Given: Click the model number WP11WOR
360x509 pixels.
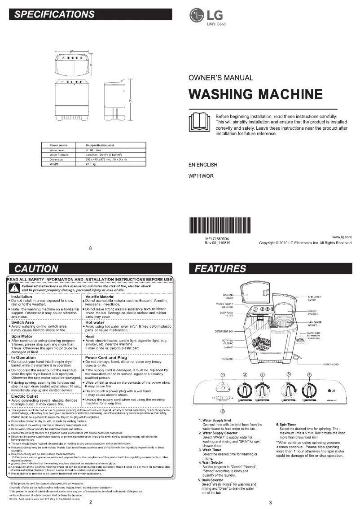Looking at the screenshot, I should [x=201, y=176].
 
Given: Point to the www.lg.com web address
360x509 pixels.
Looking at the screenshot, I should [x=342, y=237].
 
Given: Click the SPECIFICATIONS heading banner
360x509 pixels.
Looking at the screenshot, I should [x=90, y=14].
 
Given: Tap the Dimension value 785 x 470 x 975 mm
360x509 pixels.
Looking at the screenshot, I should [x=106, y=159].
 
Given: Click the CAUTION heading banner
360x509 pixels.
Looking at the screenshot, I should [x=90, y=269].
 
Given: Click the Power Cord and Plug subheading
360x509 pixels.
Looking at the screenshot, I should [x=106, y=358].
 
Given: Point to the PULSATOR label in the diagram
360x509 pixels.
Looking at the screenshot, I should [x=227, y=359].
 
